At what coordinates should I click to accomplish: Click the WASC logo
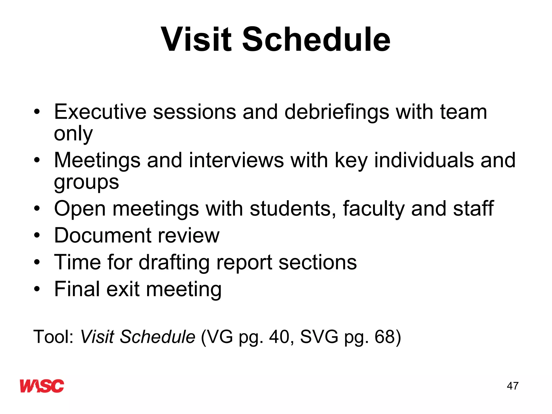click(x=42, y=386)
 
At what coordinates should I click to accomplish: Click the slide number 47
click(x=512, y=386)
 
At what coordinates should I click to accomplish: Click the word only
click(x=73, y=134)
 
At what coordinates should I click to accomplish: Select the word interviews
click(x=236, y=160)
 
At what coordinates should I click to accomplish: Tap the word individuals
click(x=424, y=160)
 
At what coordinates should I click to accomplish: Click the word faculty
click(x=374, y=209)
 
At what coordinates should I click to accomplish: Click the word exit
click(x=123, y=289)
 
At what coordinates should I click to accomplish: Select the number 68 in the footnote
click(x=385, y=337)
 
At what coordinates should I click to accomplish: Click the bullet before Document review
click(x=37, y=235)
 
